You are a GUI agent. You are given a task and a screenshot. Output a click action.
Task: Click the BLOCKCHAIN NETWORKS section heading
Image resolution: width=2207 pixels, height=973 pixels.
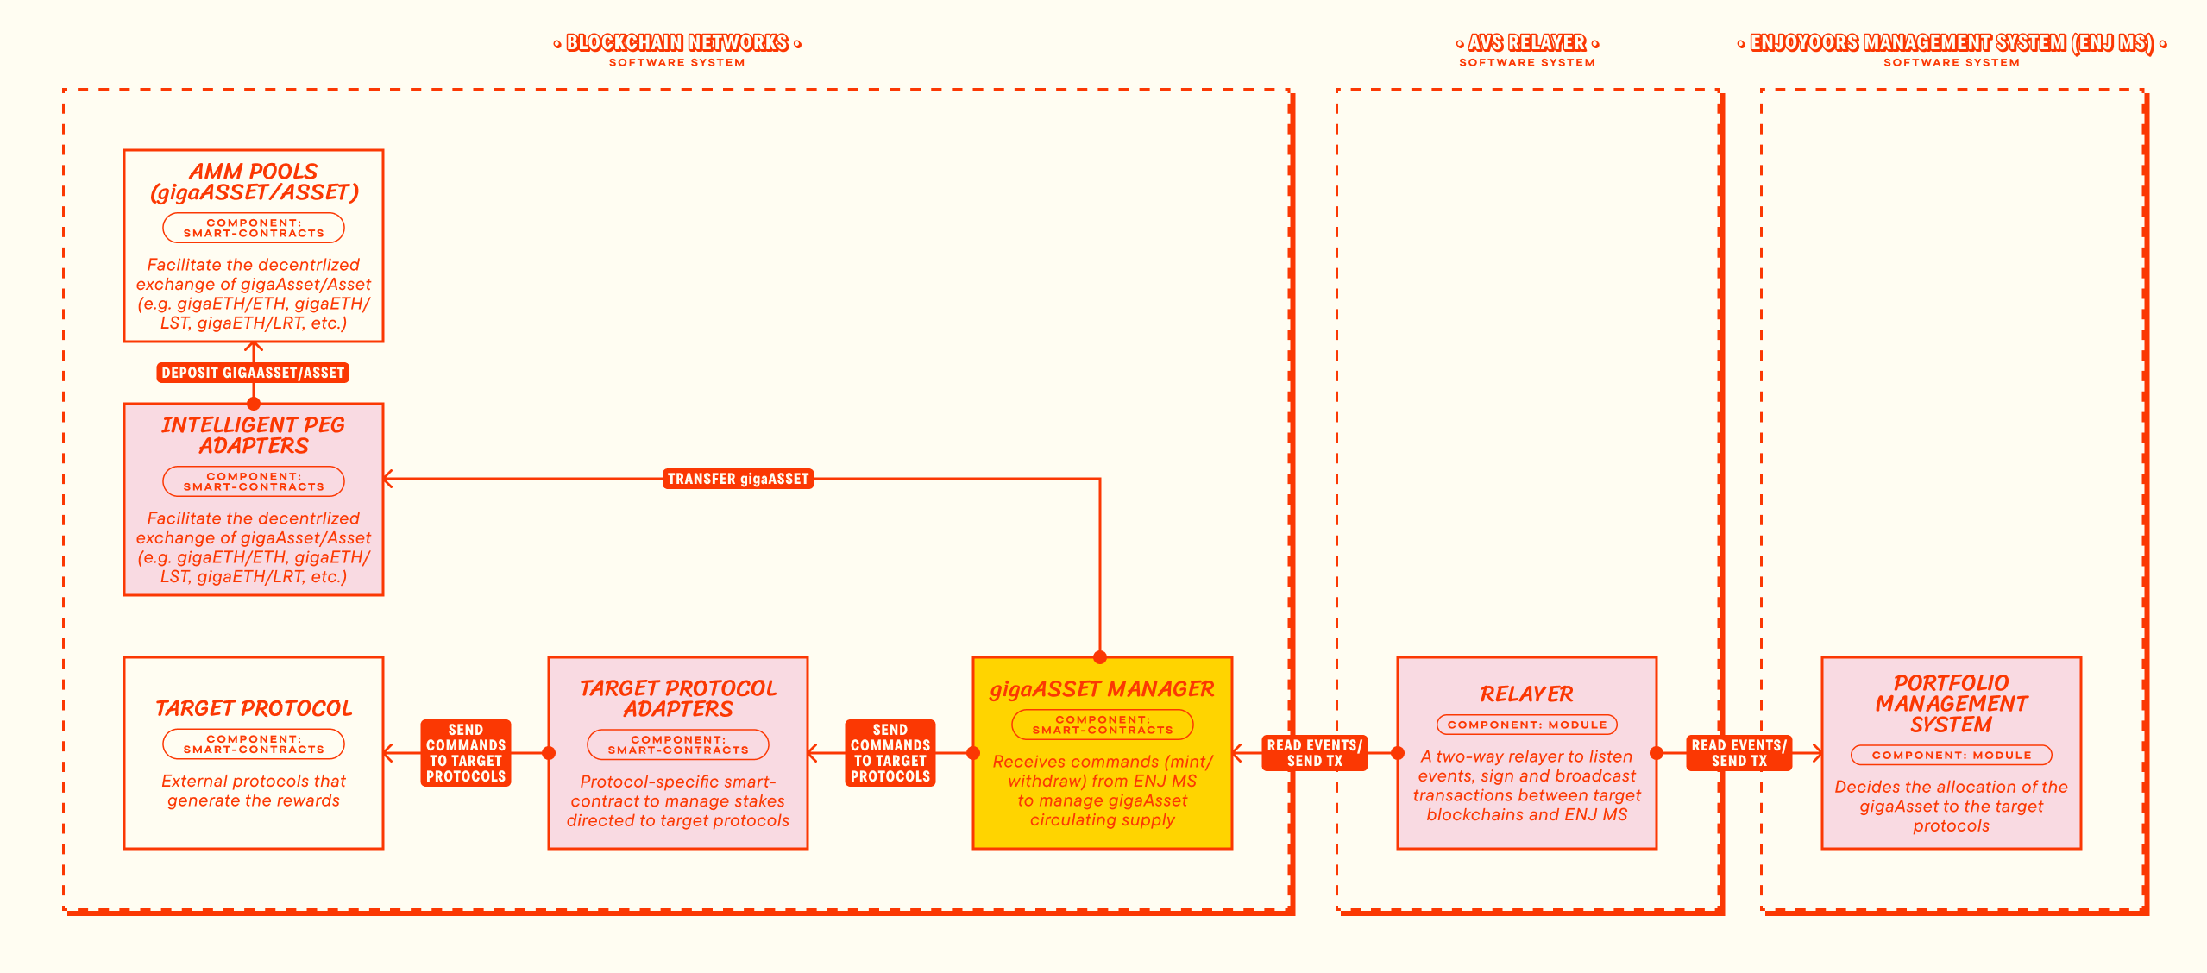pos(677,42)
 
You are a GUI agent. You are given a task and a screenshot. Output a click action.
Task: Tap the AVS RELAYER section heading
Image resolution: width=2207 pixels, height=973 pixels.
pos(1527,42)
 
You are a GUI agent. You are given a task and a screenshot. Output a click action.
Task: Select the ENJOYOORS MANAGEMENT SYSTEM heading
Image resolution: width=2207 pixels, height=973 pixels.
pos(1952,42)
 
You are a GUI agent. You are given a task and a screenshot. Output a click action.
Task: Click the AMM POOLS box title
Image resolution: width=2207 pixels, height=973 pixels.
pos(254,182)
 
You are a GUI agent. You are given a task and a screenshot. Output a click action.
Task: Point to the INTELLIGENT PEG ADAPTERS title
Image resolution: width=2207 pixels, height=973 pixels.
pos(254,436)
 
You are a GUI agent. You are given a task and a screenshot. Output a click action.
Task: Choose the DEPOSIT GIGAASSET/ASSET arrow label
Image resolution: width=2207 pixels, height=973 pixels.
pos(253,373)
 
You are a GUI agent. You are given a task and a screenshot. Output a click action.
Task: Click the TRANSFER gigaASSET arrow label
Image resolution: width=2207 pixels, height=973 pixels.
pos(738,479)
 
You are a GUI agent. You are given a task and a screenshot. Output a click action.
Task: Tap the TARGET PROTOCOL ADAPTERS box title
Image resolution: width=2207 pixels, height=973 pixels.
pos(678,699)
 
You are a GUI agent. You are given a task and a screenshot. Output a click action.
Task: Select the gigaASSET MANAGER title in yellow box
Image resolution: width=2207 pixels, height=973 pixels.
pos(1102,689)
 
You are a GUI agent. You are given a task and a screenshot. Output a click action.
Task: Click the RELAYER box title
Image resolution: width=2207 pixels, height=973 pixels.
pos(1526,694)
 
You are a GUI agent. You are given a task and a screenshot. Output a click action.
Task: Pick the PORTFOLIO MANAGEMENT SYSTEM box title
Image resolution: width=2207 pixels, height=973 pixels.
pos(1952,704)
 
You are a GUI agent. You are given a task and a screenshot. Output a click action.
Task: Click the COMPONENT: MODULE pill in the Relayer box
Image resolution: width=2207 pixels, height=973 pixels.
pos(1527,725)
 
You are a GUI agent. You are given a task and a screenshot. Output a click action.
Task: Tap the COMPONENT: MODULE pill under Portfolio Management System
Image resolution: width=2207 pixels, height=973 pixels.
pos(1952,755)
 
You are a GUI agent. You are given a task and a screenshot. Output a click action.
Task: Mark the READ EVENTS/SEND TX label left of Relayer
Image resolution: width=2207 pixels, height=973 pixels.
pos(1315,753)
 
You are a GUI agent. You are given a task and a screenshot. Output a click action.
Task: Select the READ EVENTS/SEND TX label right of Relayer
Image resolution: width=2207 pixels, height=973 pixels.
pos(1739,753)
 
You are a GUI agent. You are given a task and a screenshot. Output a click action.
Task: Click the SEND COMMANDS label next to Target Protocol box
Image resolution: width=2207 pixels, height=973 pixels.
pos(466,753)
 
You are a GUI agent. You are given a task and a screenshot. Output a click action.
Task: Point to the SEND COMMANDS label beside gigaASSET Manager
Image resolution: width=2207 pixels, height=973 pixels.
pos(890,753)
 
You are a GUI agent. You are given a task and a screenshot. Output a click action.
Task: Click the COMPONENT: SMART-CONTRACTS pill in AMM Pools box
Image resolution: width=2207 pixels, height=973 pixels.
pos(254,228)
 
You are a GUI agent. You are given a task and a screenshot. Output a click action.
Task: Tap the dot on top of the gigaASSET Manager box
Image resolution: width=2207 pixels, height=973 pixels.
pos(1100,657)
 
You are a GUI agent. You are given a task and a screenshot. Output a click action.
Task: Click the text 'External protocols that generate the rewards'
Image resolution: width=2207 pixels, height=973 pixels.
pos(254,791)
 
